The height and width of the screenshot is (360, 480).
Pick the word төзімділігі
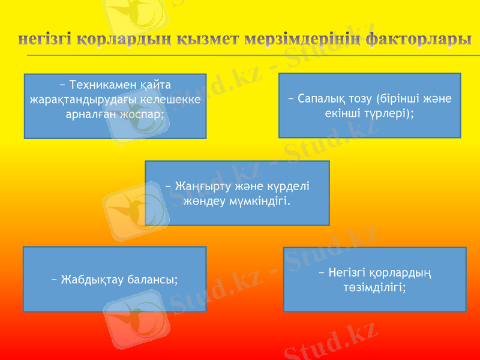374,287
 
